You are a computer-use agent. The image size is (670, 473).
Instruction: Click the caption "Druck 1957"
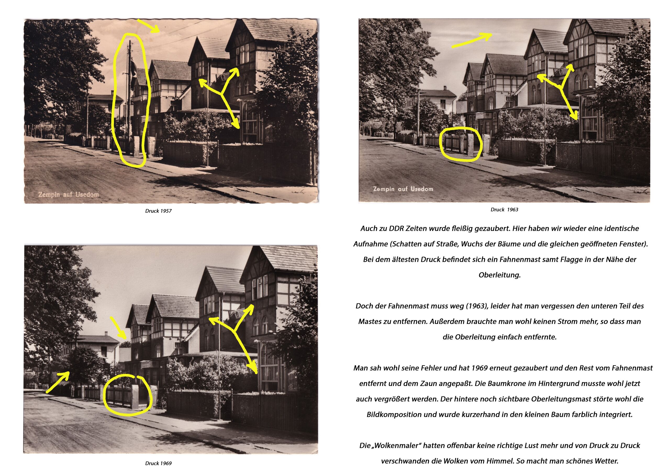tap(158, 211)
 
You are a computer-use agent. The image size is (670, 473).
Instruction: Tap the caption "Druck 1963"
tap(504, 210)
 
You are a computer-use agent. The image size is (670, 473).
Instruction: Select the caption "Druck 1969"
tap(158, 463)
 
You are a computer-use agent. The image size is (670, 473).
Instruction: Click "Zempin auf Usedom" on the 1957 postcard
tap(69, 194)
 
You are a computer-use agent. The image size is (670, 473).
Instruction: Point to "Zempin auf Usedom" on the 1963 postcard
tap(403, 189)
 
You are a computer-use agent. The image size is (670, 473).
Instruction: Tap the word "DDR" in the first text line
tap(396, 228)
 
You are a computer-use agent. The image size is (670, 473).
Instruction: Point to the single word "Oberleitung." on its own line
tap(500, 275)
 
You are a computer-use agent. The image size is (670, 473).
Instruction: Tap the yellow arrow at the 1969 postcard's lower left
tap(58, 382)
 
